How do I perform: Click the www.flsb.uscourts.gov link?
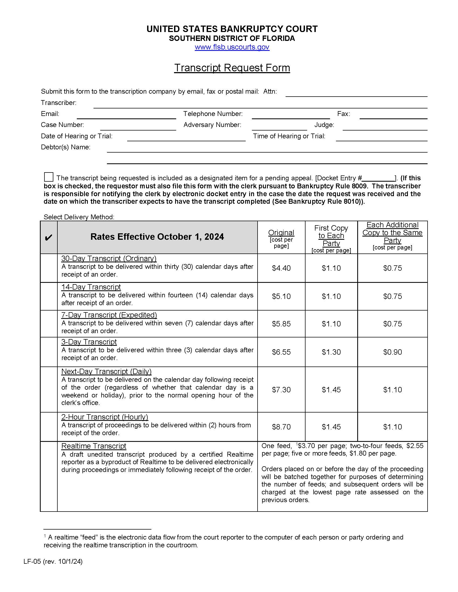[x=232, y=47]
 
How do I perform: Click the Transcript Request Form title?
[x=232, y=68]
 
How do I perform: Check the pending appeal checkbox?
[x=48, y=177]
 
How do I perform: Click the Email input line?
[x=126, y=115]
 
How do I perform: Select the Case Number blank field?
[x=138, y=126]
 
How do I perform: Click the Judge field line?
[x=385, y=126]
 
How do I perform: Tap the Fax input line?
[x=393, y=115]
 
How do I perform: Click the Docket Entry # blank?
[x=379, y=178]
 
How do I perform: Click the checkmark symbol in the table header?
[x=48, y=238]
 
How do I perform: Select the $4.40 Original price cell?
[x=281, y=268]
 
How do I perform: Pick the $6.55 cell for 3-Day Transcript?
[x=281, y=352]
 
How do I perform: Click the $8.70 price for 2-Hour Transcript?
[x=281, y=427]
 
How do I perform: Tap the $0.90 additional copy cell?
[x=392, y=352]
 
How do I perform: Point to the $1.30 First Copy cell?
[x=331, y=352]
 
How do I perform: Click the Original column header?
[x=281, y=232]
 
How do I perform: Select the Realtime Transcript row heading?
[x=93, y=446]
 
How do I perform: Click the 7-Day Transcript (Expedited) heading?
[x=109, y=315]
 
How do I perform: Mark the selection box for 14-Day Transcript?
[x=48, y=296]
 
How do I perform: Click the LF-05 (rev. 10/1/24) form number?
[x=53, y=561]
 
